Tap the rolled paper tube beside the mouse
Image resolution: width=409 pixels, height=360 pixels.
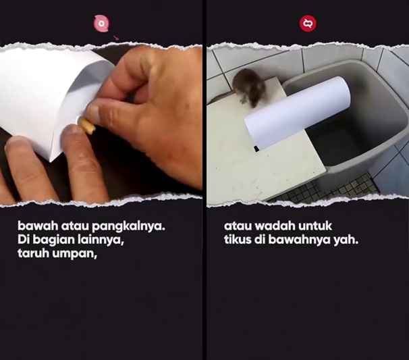click(x=297, y=111)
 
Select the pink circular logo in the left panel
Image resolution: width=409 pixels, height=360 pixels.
click(x=102, y=24)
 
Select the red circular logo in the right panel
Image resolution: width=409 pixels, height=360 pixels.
click(x=308, y=24)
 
